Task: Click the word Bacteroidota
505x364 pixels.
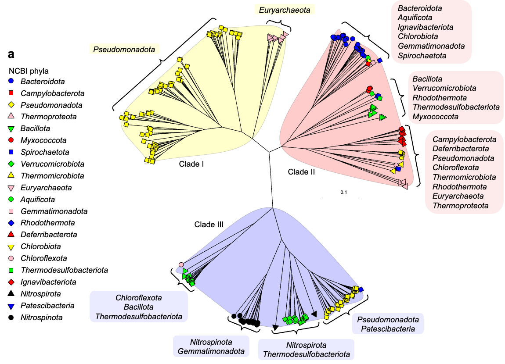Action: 420,8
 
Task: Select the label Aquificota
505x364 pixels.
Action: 415,18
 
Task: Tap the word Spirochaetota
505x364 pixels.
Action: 422,56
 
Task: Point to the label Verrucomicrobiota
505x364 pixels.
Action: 444,88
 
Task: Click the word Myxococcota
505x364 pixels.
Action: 436,117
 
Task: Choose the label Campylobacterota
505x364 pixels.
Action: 465,139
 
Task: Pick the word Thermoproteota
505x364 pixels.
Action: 461,206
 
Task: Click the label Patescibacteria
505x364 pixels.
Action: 388,329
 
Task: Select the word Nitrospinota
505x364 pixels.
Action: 211,342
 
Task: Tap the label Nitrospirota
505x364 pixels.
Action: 306,345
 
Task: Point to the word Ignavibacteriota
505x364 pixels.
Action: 426,27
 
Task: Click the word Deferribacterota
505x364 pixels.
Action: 461,149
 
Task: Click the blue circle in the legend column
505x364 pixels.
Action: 11,81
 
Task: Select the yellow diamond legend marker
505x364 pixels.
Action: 11,105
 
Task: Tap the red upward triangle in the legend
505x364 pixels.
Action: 11,234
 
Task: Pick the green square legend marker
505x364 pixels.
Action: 11,270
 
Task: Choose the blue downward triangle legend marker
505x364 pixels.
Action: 11,307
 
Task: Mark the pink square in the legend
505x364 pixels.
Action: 11,211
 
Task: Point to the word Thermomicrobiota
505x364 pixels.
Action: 464,177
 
